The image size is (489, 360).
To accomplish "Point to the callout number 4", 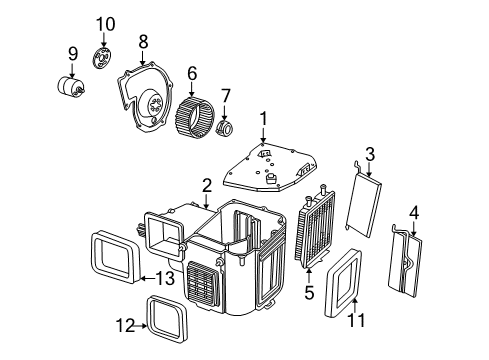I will (414, 212).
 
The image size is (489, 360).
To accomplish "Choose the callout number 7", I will (225, 96).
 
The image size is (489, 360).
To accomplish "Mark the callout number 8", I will (143, 41).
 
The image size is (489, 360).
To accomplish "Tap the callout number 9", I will (72, 53).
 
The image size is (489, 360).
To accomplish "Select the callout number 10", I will (105, 23).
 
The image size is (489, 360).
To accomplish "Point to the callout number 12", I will (126, 326).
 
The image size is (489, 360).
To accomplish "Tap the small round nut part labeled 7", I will (226, 129).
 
